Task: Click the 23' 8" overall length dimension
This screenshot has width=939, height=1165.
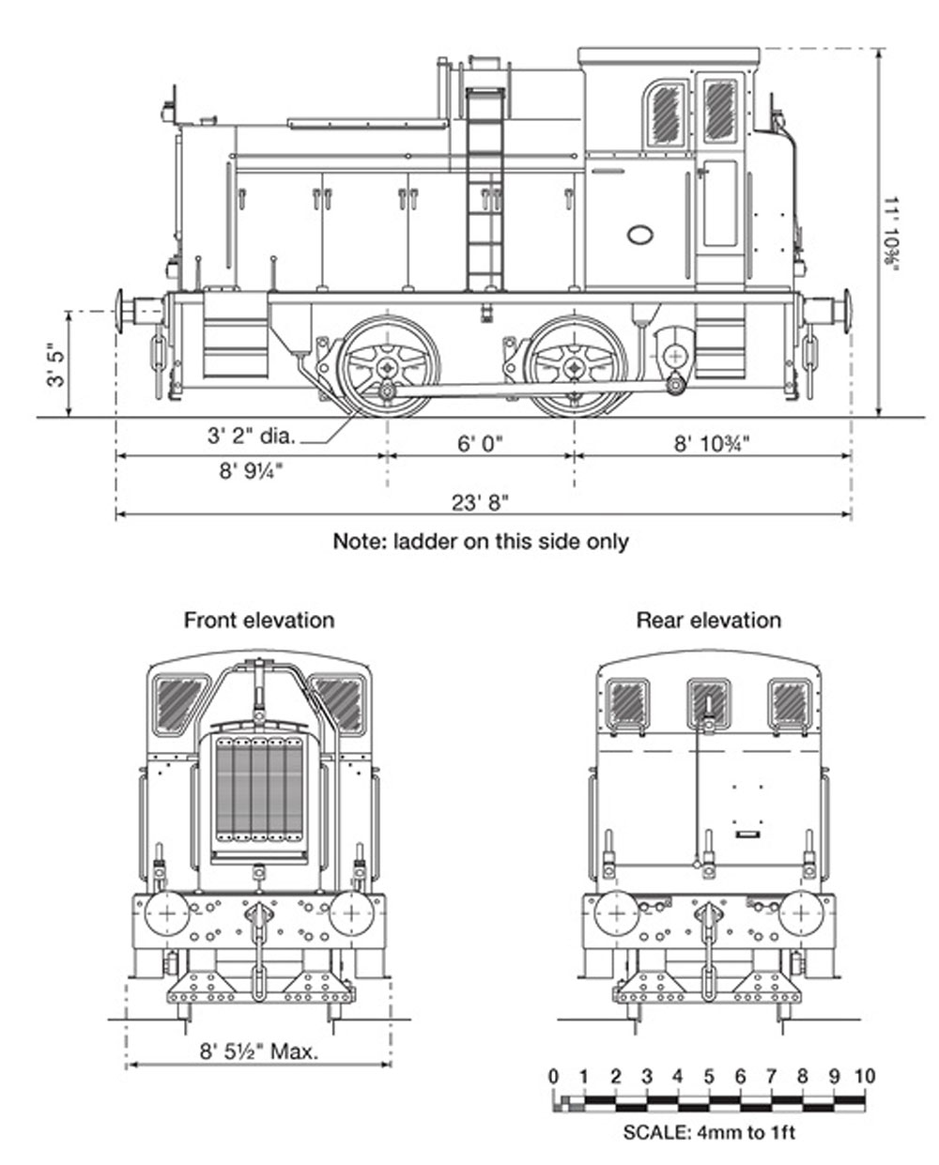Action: click(480, 502)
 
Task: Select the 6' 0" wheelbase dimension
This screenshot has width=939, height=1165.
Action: click(481, 443)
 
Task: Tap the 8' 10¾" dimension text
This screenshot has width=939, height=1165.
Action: click(712, 443)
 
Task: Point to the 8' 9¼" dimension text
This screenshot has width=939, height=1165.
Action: click(252, 471)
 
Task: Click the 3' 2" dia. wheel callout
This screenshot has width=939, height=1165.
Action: click(251, 436)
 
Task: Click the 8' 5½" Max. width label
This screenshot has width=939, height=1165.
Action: click(258, 1050)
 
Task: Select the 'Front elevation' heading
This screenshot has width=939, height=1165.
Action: click(258, 621)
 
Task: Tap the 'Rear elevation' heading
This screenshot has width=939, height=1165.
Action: click(708, 621)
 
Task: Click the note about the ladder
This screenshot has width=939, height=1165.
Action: click(480, 542)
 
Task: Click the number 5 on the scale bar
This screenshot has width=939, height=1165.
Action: click(709, 1076)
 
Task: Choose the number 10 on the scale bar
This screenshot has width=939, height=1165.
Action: click(864, 1076)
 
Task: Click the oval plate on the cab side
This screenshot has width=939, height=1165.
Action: click(640, 235)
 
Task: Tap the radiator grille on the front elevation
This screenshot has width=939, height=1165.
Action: click(259, 789)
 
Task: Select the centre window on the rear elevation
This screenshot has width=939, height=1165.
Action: click(708, 702)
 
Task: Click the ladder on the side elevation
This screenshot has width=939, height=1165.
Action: click(485, 188)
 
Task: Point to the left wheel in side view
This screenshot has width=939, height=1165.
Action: click(388, 366)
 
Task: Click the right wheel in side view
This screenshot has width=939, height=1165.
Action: click(575, 366)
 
